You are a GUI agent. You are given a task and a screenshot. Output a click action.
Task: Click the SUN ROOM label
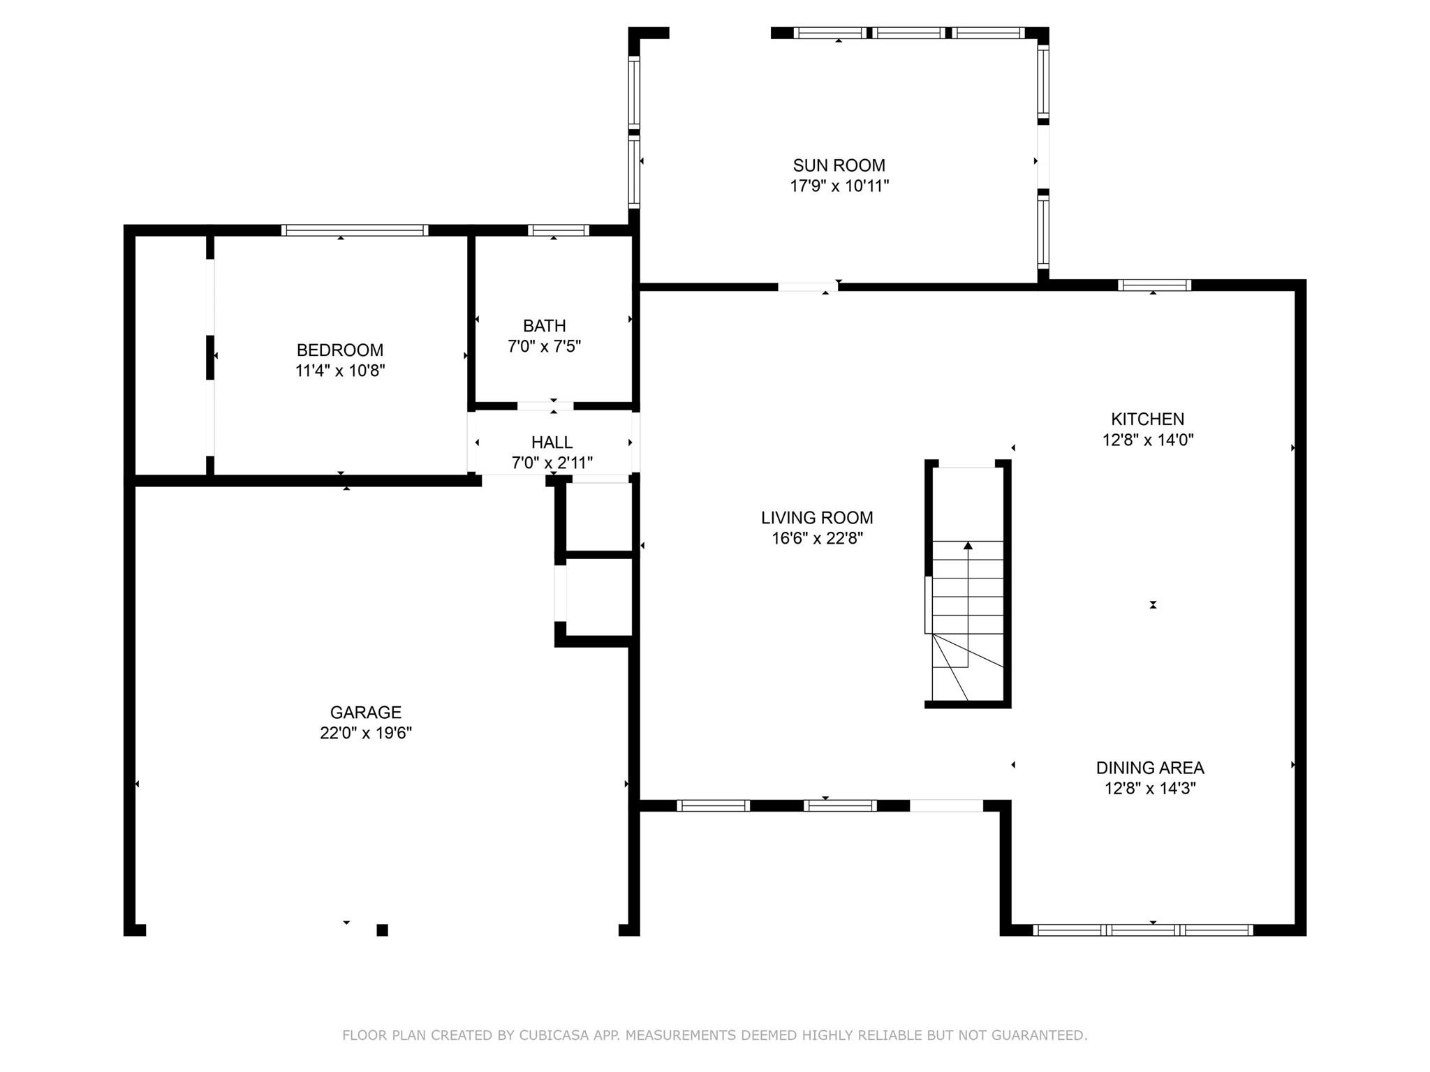click(839, 165)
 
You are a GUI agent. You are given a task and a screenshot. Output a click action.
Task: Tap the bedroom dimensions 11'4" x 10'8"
click(340, 371)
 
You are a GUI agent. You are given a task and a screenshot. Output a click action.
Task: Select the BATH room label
click(544, 326)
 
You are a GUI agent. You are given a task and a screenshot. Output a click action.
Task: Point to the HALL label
click(552, 442)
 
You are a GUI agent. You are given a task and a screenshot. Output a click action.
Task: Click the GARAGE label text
click(365, 713)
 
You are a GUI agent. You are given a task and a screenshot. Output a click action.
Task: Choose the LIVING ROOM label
click(817, 518)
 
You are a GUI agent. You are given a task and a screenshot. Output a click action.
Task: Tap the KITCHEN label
click(1147, 419)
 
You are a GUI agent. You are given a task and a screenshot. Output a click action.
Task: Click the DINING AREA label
click(1149, 768)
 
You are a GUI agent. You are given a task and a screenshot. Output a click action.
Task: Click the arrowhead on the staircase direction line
click(968, 546)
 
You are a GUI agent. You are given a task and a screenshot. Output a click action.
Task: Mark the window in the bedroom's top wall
click(355, 230)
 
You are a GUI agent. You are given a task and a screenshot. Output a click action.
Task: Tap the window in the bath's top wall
click(558, 230)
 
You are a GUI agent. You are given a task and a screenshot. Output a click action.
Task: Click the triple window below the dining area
click(1142, 930)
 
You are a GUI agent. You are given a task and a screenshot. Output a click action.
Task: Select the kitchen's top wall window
click(1153, 285)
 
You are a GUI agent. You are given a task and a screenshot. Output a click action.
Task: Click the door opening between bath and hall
click(545, 406)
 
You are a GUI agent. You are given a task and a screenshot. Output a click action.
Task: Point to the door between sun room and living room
click(808, 287)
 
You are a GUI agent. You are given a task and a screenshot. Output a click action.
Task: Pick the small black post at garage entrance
click(382, 930)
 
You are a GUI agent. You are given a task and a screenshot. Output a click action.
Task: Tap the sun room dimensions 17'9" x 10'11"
click(839, 186)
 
